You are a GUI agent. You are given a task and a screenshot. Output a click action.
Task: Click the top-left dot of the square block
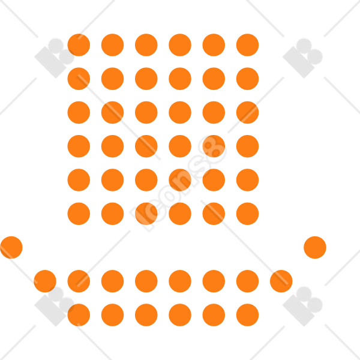coord(79,45)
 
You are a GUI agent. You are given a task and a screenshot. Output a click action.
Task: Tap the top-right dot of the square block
coord(247,45)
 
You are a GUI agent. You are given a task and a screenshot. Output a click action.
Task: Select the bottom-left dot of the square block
coord(79,214)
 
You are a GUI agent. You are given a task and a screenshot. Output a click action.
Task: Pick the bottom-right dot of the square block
coord(247,214)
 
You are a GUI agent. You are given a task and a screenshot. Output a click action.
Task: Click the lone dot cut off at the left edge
coord(11,247)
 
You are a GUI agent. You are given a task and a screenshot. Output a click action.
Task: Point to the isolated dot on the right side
coord(315,247)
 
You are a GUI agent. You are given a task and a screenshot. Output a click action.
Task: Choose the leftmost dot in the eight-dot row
coord(45,281)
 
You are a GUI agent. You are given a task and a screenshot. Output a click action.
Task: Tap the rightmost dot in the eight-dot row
coord(281,281)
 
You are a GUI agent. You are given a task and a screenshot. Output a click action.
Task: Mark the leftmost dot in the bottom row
coord(79,315)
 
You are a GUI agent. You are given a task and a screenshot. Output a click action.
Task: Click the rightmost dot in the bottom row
coord(247,315)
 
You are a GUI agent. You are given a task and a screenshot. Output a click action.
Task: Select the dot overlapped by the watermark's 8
coord(214,146)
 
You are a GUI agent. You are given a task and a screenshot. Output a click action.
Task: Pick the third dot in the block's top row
coord(146,45)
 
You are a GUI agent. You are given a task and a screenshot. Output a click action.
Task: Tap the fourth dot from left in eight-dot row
coord(146,281)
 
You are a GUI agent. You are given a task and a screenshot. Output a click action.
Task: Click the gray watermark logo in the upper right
coord(302,58)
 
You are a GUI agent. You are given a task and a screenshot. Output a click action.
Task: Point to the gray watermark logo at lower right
coord(302,307)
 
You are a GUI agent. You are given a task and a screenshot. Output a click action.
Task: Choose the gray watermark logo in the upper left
coord(55,58)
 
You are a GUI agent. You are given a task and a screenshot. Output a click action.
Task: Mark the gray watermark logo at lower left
coord(55,307)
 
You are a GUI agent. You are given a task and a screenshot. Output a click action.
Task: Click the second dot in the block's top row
coord(113,45)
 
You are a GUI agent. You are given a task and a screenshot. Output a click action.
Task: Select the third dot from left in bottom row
coord(146,315)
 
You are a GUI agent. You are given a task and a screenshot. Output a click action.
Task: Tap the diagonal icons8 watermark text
coord(178,184)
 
